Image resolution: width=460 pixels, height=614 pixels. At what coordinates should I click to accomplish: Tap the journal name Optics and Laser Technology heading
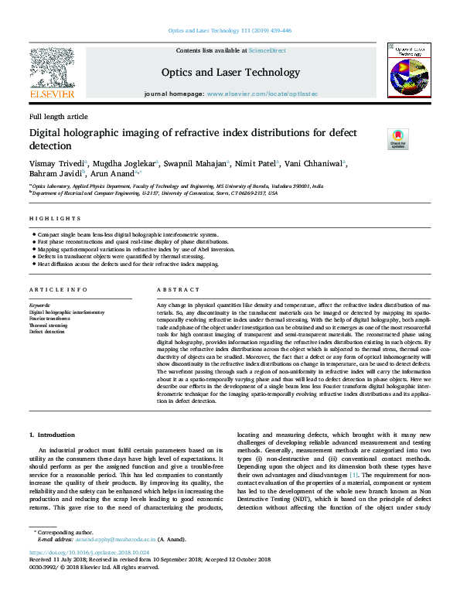230,73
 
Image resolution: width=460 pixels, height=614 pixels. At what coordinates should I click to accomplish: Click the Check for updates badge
397,140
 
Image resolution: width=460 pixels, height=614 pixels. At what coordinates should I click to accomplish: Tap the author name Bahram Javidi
53,175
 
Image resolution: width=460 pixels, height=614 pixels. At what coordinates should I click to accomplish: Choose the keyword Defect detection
47,331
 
